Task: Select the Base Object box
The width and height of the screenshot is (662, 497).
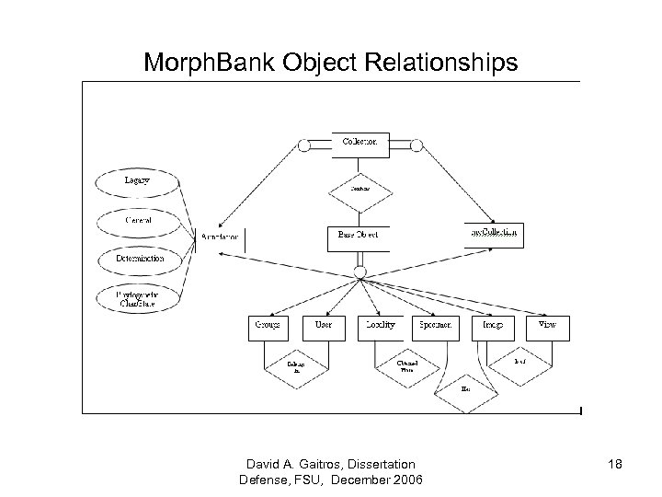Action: [360, 237]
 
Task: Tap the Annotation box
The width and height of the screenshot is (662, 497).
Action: [221, 237]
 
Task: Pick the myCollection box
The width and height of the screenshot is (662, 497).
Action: [495, 234]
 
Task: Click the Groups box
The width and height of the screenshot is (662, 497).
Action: [268, 327]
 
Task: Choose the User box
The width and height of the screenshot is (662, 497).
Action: [323, 327]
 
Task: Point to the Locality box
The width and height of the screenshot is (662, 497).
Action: [379, 327]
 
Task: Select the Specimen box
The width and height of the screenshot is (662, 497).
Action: [435, 327]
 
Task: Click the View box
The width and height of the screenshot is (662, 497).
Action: [547, 327]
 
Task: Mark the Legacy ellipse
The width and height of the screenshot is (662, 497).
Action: [138, 182]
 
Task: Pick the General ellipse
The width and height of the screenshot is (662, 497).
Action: [138, 222]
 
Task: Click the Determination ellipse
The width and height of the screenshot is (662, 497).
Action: [140, 260]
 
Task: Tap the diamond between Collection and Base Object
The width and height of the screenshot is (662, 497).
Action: [360, 190]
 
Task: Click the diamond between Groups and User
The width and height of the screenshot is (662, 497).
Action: [296, 369]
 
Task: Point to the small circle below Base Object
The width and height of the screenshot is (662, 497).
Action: [360, 272]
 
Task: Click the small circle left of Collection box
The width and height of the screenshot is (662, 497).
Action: [304, 145]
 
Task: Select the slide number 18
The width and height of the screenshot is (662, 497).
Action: [615, 466]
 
